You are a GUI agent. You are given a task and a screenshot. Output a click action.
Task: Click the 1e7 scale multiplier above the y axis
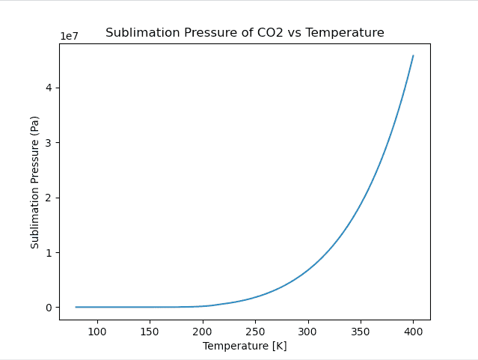point(71,36)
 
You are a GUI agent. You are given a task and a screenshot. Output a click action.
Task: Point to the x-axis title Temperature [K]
point(245,346)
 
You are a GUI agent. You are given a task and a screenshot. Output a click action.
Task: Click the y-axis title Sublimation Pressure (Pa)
point(34,182)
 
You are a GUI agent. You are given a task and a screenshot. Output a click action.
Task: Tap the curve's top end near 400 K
point(413,55)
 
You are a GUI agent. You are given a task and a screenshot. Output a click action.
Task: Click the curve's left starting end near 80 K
point(76,307)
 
